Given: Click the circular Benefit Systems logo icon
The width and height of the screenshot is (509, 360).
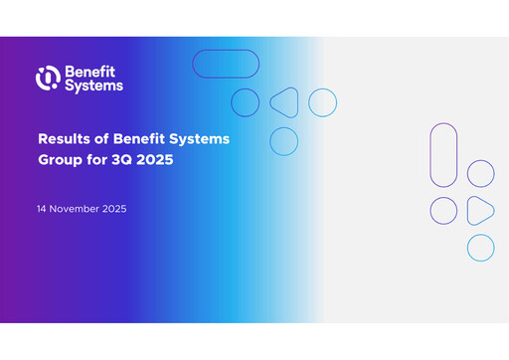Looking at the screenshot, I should [48, 78].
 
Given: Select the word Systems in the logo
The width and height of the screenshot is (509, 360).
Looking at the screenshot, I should [93, 86].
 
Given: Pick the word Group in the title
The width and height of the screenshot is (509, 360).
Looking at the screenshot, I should [61, 158].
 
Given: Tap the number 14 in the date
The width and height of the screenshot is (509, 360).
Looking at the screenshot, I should [42, 210].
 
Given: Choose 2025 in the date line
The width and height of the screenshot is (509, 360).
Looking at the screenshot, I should [113, 210].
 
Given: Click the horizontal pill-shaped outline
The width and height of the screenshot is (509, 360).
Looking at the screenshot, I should [226, 64].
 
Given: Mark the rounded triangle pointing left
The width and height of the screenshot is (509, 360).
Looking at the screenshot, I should [284, 102].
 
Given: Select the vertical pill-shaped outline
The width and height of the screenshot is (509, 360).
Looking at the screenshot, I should [443, 153].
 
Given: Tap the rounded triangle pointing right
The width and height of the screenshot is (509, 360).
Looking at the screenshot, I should [480, 210].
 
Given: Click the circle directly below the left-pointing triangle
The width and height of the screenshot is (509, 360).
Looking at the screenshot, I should [284, 141].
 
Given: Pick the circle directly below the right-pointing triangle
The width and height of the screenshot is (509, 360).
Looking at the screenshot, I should [480, 248].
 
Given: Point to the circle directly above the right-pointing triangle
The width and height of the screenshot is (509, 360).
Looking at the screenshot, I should [480, 173].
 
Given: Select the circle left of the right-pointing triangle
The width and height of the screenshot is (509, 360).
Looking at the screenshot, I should [443, 210].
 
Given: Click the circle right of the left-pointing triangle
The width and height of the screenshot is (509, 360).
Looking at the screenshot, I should [322, 102].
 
